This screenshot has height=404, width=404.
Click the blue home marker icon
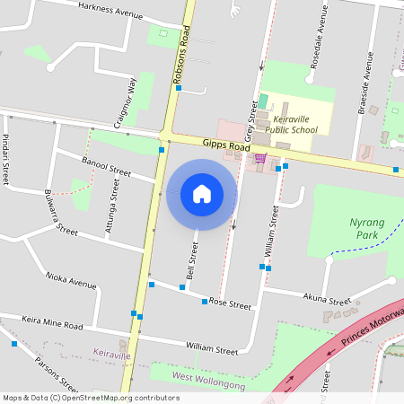click(x=202, y=193)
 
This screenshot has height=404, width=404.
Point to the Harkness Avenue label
click(x=110, y=10)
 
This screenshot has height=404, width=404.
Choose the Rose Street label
click(x=230, y=304)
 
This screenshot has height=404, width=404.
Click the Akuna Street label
click(x=327, y=301)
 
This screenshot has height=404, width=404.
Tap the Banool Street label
click(x=106, y=168)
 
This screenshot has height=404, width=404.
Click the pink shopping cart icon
click(x=260, y=159)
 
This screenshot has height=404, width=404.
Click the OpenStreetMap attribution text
click(x=91, y=398)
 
